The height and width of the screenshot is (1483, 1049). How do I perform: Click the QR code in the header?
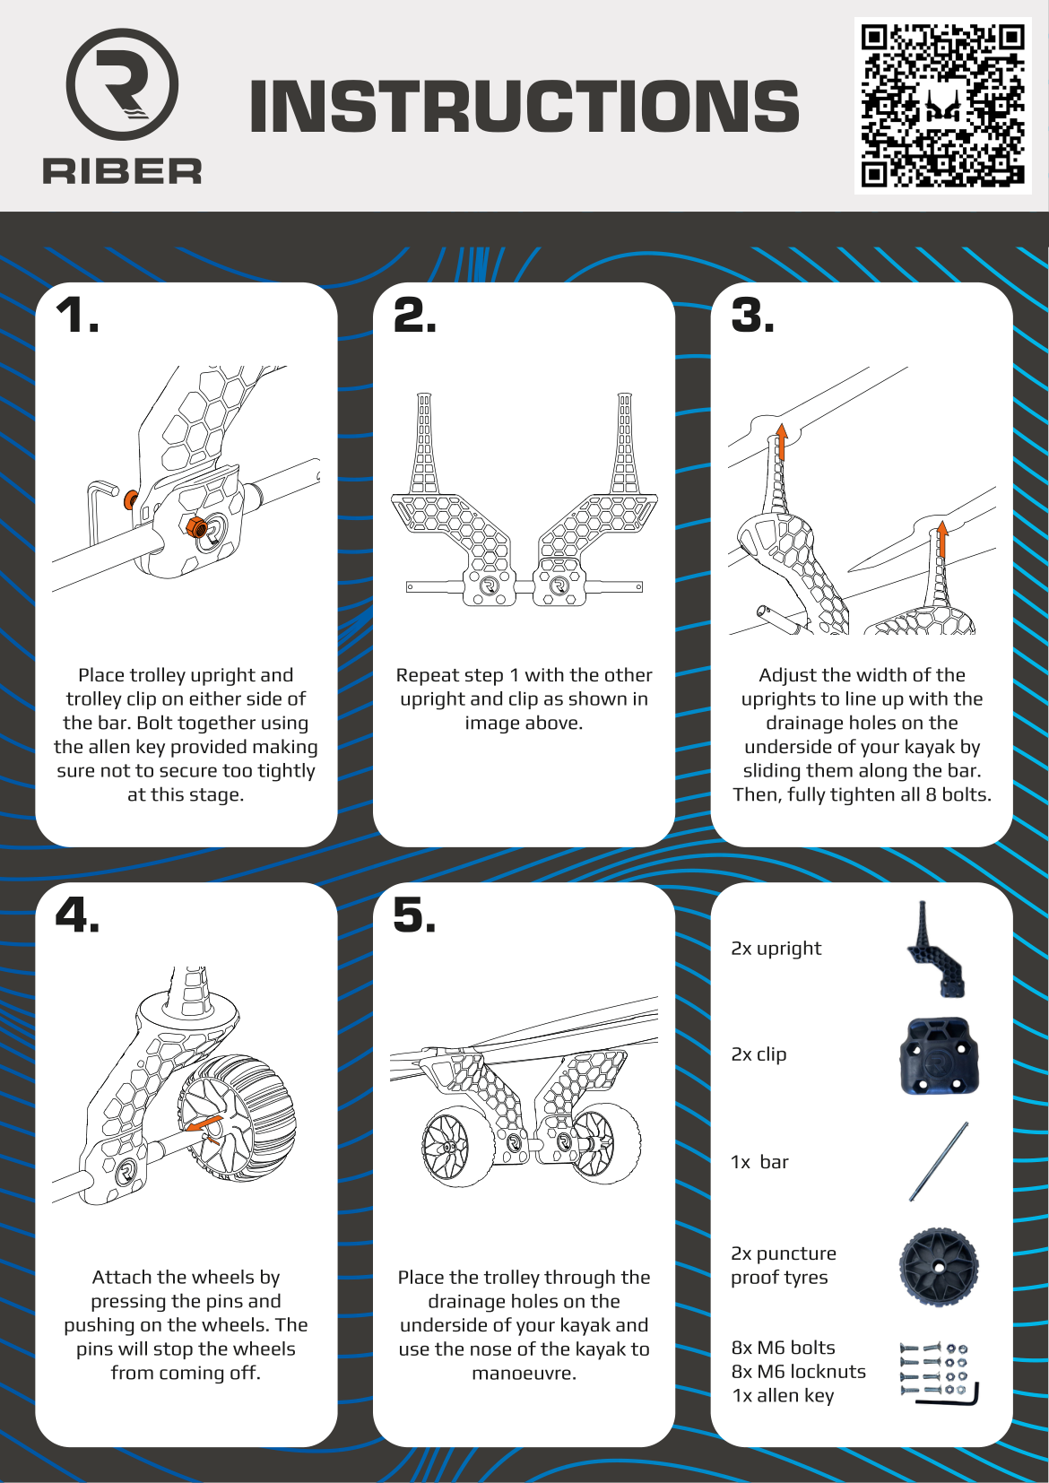coord(942,105)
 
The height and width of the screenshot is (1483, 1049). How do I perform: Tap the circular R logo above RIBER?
coord(122,84)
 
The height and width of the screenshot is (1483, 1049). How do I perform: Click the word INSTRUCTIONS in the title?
coord(524,106)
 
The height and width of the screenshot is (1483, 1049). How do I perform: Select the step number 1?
coord(77,317)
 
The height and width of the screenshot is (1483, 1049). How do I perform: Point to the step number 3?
coord(752,317)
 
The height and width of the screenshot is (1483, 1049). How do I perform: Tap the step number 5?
coord(414,916)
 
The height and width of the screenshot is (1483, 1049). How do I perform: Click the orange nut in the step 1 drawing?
coord(194,526)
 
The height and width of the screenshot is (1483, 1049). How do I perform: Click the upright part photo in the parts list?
coord(935,950)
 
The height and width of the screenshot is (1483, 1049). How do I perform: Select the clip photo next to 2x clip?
coord(939,1056)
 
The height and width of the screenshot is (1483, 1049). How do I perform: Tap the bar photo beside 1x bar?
coord(939,1161)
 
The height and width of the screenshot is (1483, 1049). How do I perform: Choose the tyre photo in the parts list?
coord(939,1266)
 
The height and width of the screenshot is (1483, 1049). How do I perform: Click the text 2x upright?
coord(776,949)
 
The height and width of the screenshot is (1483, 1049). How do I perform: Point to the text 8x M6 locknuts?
coord(798,1372)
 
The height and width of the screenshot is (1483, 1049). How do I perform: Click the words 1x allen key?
coord(783,1396)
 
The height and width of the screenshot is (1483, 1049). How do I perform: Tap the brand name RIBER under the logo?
coord(122,171)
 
